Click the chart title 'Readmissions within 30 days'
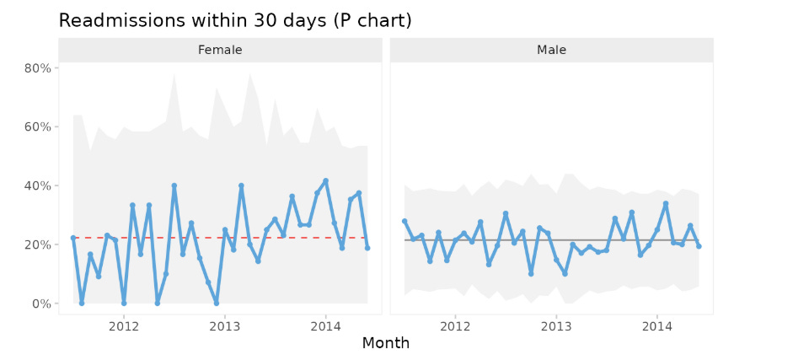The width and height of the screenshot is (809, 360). click(235, 20)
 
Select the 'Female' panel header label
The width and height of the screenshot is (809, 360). click(220, 50)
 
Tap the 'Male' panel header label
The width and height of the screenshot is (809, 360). click(552, 50)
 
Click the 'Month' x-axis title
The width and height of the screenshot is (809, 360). click(386, 343)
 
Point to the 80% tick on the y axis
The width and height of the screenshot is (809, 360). click(38, 67)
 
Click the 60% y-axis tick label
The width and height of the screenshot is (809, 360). click(38, 126)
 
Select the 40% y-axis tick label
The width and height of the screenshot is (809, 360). click(38, 185)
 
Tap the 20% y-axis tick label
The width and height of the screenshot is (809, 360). click(38, 244)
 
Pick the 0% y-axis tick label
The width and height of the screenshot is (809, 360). click(41, 304)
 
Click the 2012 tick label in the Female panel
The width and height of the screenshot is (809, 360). click(124, 325)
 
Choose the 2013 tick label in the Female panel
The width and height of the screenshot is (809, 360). click(225, 325)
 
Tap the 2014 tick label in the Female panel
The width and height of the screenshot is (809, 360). click(326, 325)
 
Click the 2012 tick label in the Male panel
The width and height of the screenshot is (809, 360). click(455, 325)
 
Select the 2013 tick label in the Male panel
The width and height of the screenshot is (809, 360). click(556, 325)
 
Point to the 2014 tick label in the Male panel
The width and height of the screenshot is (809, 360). click(657, 325)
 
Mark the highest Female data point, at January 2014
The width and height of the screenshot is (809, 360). click(326, 180)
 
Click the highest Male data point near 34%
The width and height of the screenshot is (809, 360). click(666, 203)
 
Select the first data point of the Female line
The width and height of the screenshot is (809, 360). click(73, 238)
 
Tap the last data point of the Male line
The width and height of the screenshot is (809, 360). click(699, 246)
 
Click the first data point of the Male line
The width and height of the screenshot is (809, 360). click(404, 221)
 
